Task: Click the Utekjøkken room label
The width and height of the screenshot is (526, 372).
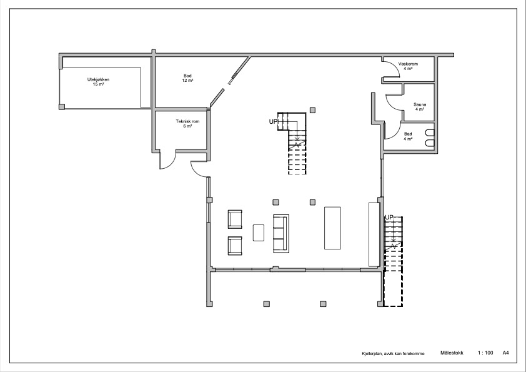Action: tap(98, 82)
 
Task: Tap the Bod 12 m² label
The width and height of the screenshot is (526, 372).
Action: tap(187, 78)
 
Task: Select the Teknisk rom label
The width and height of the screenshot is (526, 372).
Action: tap(187, 124)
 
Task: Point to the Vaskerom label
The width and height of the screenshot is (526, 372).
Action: tap(408, 66)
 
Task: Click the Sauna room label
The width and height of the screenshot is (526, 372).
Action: tap(420, 107)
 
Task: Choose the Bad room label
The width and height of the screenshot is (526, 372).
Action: tap(408, 136)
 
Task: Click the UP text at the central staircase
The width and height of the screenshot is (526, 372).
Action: tap(274, 121)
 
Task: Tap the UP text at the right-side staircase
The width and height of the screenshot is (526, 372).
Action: tap(389, 217)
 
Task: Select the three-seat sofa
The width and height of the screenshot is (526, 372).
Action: tap(281, 233)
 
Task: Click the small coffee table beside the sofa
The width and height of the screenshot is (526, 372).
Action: tap(258, 233)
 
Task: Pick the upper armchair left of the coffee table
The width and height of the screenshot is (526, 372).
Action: tap(235, 219)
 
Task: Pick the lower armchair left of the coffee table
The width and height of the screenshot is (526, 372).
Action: tap(235, 246)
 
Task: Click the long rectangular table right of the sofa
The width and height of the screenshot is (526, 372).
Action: tap(332, 228)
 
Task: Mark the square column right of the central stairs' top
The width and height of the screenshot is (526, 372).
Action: tap(312, 110)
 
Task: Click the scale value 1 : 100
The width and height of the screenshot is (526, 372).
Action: tap(485, 353)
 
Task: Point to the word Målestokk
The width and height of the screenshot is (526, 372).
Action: tap(452, 353)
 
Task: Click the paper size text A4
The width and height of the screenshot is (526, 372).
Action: tap(505, 353)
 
